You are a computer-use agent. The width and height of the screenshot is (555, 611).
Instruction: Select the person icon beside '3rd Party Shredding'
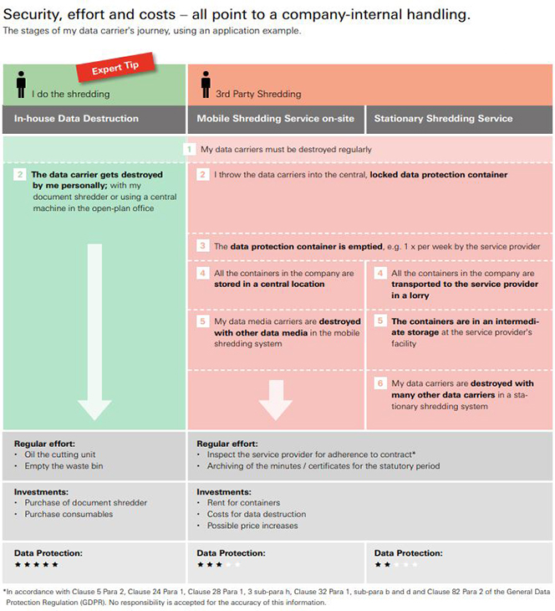(x=206, y=85)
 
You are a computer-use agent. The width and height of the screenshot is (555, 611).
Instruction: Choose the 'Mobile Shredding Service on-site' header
(x=275, y=118)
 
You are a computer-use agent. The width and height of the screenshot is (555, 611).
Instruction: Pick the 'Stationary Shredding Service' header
(x=443, y=118)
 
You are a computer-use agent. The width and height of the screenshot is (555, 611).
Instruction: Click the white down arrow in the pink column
(x=275, y=397)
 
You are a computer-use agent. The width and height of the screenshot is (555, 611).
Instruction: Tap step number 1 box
(x=190, y=149)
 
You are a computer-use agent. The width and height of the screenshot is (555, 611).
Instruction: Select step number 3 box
(x=203, y=246)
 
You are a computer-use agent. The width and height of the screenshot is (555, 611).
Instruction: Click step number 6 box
(x=380, y=383)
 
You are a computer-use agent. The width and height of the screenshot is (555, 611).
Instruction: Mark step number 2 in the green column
(x=20, y=175)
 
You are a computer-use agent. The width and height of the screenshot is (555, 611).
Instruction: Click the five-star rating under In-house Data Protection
(x=36, y=565)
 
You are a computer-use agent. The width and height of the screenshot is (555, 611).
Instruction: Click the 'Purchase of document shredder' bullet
(x=85, y=503)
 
